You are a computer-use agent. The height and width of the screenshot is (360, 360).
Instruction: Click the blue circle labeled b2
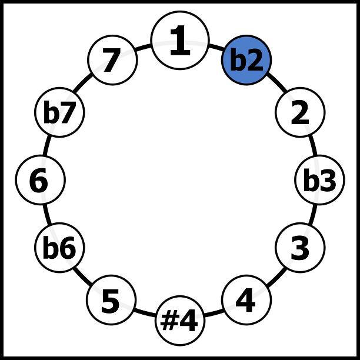(246, 60)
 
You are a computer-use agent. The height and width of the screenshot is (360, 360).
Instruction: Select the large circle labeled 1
(180, 40)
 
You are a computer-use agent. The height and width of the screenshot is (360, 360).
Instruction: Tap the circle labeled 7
(112, 60)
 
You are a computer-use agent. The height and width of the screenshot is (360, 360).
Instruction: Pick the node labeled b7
(59, 112)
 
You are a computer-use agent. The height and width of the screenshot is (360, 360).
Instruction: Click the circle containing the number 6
(41, 180)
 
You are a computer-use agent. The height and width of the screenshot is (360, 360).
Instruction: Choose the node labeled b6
(59, 248)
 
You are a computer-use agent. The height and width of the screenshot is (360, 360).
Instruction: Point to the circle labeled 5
(111, 300)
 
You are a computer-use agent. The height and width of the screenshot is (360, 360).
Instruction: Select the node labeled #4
(180, 321)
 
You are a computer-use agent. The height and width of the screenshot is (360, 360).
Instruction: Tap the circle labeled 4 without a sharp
(246, 300)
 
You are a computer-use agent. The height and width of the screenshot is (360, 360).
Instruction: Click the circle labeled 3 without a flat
(300, 248)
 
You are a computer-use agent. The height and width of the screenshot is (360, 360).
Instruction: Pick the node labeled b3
(319, 180)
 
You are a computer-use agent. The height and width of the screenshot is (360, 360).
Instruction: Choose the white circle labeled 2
(300, 112)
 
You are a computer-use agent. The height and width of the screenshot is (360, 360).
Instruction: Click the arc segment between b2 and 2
(277, 83)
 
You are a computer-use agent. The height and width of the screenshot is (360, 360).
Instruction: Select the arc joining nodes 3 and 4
(276, 277)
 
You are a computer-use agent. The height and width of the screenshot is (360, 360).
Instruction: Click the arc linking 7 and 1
(143, 47)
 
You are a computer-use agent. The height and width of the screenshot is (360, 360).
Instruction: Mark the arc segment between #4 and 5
(145, 313)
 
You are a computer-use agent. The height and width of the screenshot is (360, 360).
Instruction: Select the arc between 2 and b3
(314, 146)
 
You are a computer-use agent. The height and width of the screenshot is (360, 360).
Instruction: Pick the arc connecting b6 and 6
(47, 214)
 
